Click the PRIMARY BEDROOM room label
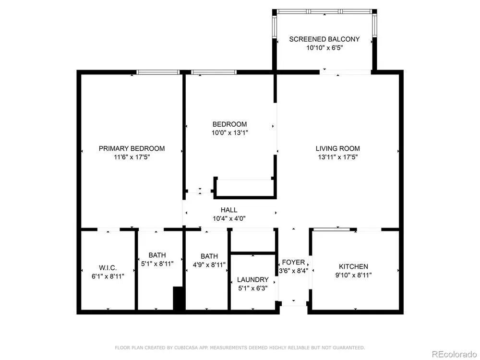pos(132,148)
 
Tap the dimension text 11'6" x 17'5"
pos(132,157)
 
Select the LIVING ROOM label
pos(337,148)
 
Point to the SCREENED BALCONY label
pos(324,39)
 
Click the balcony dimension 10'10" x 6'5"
pos(324,48)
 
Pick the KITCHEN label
pos(353,266)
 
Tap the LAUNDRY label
pos(253,279)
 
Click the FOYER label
pos(293,263)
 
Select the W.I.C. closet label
pos(108,268)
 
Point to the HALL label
pos(229,210)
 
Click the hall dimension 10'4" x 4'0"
pos(229,218)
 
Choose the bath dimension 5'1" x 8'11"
pos(157,264)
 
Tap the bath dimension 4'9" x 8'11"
pos(209,264)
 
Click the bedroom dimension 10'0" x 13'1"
pos(229,133)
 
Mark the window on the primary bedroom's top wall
pos(157,72)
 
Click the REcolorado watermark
pos(454,354)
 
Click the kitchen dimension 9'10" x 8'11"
pos(353,275)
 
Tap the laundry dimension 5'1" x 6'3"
pos(253,288)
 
